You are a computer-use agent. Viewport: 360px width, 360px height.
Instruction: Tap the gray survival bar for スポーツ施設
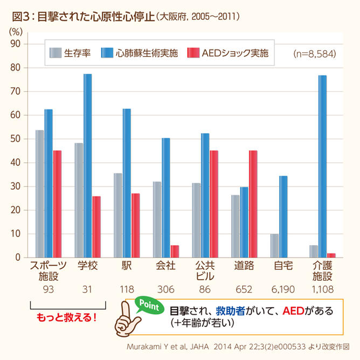40,194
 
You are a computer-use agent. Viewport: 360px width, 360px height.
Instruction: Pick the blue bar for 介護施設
322,167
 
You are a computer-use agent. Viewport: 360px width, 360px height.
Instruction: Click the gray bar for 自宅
275,246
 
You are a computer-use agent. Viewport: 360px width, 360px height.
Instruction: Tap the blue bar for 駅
127,183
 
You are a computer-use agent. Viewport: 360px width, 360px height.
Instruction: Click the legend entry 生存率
70,53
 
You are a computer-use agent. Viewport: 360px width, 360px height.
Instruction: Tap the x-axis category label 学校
87,266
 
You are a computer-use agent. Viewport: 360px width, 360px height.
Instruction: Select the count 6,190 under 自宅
283,289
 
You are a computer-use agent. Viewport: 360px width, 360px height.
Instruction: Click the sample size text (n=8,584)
314,54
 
